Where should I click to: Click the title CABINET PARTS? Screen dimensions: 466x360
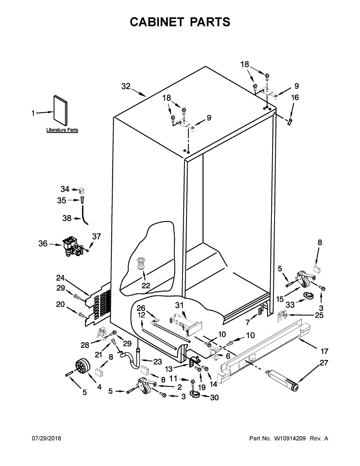coord(180,22)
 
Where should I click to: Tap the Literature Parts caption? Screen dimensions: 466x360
coord(62,130)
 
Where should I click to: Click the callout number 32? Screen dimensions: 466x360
coord(126,87)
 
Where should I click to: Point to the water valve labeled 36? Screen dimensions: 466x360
coord(72,247)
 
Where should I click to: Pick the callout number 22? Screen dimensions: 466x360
coord(146,285)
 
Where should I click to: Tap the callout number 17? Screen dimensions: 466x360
coord(325,351)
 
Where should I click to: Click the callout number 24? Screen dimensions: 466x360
coord(60,278)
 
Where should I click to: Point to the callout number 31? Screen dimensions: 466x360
coord(179,306)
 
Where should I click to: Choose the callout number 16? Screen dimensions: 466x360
coord(295,97)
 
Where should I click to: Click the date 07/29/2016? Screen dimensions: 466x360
coord(46,438)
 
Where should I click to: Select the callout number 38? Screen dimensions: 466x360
coord(67,219)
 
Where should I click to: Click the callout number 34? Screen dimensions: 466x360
coord(65,189)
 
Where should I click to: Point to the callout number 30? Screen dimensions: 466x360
coord(214,397)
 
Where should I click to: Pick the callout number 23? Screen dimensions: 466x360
coord(157,362)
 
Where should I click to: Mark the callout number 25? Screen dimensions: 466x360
coord(319,315)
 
